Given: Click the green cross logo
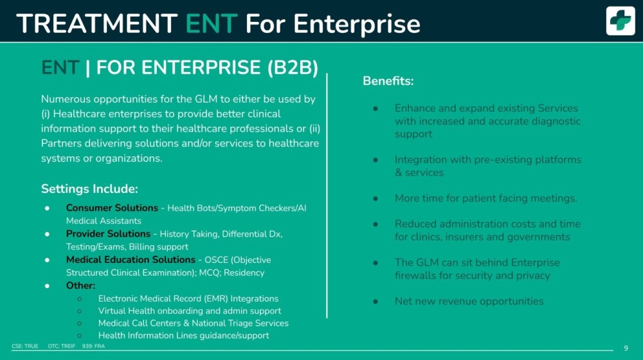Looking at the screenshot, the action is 620,21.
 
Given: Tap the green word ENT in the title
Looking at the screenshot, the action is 212,23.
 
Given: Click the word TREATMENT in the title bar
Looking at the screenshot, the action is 97,23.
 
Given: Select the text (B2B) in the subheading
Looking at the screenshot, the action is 293,67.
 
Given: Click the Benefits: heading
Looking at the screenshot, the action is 388,81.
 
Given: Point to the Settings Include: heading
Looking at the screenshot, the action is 89,188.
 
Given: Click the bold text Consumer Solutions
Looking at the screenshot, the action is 112,208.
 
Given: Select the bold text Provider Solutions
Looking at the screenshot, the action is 108,234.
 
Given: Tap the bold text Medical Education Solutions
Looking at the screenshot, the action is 131,260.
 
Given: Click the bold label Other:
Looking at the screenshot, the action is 80,285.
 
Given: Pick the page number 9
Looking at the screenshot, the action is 626,348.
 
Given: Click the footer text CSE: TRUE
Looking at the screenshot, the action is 25,346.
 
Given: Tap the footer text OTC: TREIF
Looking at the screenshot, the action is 62,346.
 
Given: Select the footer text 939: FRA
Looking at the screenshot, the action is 93,346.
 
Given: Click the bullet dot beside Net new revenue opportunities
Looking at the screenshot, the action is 376,301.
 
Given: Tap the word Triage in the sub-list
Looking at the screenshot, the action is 240,323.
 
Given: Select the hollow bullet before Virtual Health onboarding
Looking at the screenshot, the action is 80,310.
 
